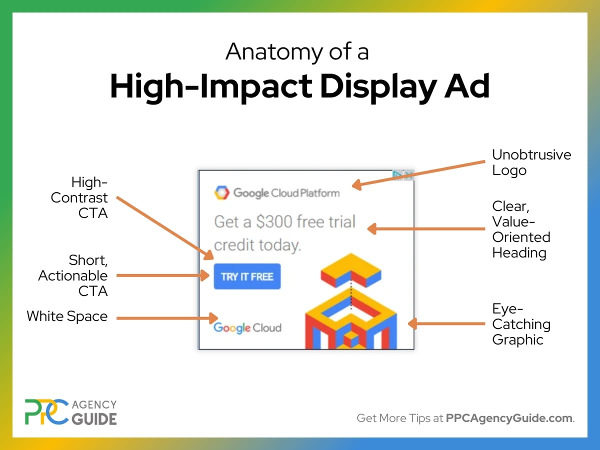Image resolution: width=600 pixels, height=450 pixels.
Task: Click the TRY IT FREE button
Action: point(247,276)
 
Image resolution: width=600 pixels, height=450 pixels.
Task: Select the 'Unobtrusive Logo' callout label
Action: point(531,162)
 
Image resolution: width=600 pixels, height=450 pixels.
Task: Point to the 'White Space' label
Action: point(67,316)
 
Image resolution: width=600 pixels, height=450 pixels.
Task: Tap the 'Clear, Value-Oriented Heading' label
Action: point(520,229)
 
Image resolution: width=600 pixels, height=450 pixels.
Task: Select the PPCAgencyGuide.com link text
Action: point(509,418)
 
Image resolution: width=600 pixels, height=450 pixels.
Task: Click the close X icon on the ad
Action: point(409,175)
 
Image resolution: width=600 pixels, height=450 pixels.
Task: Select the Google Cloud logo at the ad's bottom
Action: point(247,328)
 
